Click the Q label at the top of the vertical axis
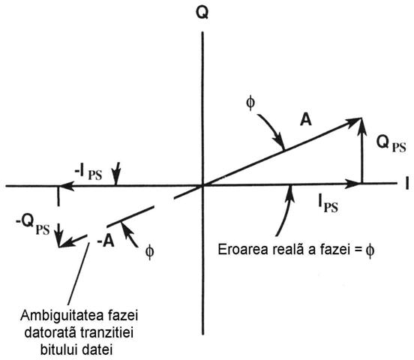pos(202,13)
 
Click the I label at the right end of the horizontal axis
pos(407,183)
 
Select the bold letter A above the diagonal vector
pos(306,119)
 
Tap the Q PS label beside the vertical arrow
pos(391,145)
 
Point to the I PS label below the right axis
pos(328,204)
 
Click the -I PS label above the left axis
pos(88,172)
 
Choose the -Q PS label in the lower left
pos(33,226)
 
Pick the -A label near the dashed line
pos(106,241)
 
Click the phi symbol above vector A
pos(250,103)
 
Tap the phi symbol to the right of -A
pos(149,251)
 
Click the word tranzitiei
pos(106,333)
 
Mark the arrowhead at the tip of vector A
pos(355,121)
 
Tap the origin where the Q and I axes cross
pos(202,185)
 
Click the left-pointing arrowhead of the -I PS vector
pos(66,186)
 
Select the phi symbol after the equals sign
pos(370,250)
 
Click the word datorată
pos(50,333)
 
